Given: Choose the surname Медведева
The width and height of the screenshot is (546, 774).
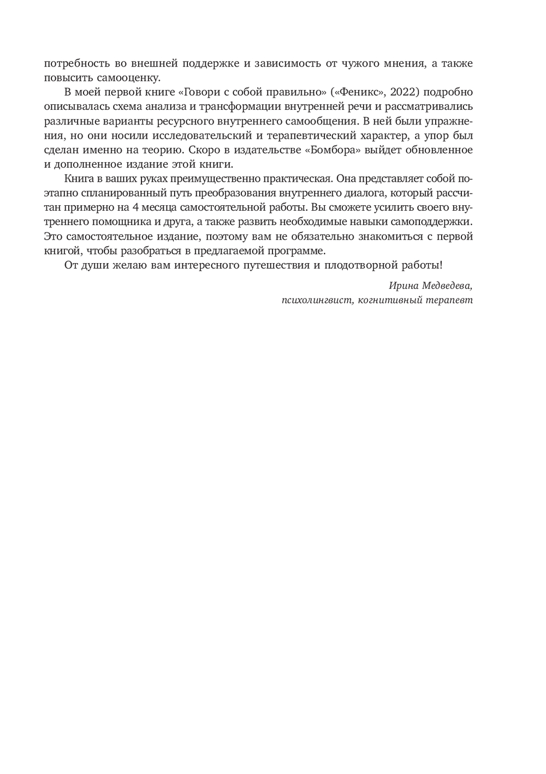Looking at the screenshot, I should click(448, 285).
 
